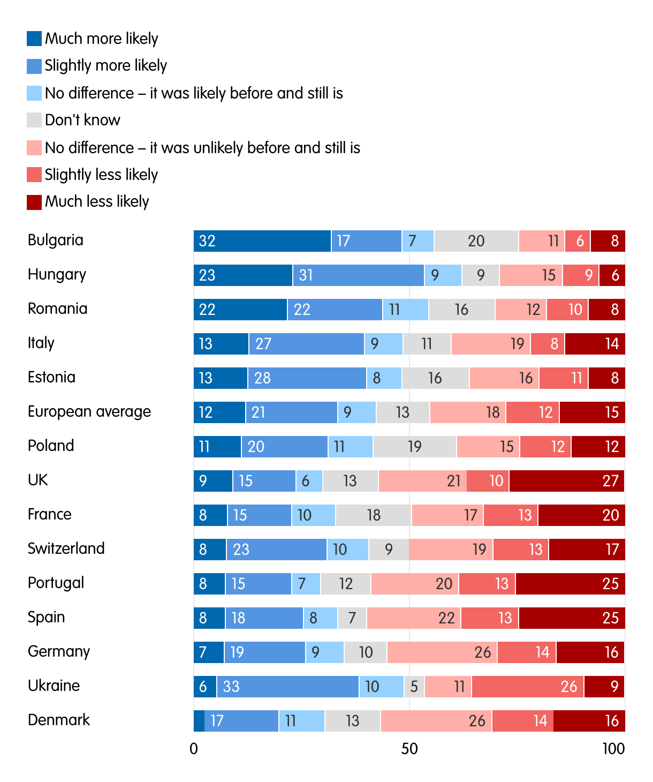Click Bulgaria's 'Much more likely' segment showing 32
coord(262,241)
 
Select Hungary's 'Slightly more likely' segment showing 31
coord(359,275)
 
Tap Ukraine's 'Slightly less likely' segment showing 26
coord(528,687)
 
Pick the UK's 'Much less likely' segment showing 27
coord(567,481)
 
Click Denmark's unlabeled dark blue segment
coord(199,721)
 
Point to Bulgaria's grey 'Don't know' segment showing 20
coord(476,241)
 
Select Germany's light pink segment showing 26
coord(442,652)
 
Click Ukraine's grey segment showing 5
coord(414,687)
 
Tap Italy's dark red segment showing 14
coord(595,344)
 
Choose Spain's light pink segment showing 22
coord(414,618)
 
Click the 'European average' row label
coord(89,412)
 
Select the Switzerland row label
coord(66,549)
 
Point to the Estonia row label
coord(52,378)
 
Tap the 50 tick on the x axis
coord(409,749)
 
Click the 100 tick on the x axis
coord(613,749)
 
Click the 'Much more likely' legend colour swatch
coord(34,39)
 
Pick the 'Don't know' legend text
coord(82,120)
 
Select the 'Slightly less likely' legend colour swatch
coord(34,175)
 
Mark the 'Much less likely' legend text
coord(97,202)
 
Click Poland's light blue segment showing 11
coord(351,447)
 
